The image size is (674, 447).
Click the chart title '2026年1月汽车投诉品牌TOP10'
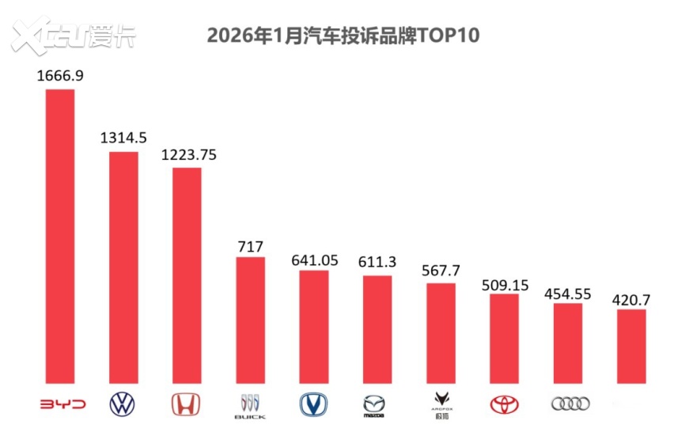point(343,36)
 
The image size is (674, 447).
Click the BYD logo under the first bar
point(61,404)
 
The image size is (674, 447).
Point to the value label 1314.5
point(123,138)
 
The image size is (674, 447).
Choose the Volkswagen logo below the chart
point(122,404)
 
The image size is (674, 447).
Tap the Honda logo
point(187,404)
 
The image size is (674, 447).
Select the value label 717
point(250,246)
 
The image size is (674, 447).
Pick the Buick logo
point(250,405)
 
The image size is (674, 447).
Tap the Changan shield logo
point(313,404)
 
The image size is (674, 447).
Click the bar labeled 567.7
point(441,333)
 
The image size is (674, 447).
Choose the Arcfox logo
point(440,405)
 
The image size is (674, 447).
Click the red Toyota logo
point(504,404)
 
